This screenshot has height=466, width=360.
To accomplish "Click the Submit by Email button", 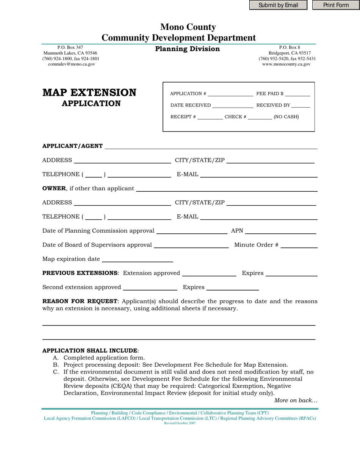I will (278, 5).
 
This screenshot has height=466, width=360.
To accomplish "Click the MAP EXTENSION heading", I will (89, 93).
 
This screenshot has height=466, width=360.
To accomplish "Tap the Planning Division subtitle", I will (188, 49).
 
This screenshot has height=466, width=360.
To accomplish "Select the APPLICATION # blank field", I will (230, 94).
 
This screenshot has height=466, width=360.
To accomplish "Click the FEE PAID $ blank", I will (297, 94).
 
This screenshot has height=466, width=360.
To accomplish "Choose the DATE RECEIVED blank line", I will (233, 106).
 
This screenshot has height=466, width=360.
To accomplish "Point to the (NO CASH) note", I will (286, 117).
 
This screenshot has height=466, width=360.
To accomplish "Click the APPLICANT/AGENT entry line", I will (211, 147).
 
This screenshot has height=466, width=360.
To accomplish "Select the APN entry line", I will (280, 231).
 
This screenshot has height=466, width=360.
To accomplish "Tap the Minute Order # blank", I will (299, 246).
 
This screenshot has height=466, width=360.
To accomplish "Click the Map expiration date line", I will (138, 260).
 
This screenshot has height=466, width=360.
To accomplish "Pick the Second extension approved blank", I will (150, 288).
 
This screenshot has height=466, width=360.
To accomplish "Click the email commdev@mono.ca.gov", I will (71, 64).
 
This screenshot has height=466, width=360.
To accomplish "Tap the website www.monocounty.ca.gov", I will (286, 64).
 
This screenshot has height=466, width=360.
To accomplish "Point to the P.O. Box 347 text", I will (70, 47).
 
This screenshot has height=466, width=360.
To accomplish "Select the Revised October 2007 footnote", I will (180, 423).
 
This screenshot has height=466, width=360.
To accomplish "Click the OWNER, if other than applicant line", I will (226, 189).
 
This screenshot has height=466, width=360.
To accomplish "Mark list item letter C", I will (55, 372).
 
